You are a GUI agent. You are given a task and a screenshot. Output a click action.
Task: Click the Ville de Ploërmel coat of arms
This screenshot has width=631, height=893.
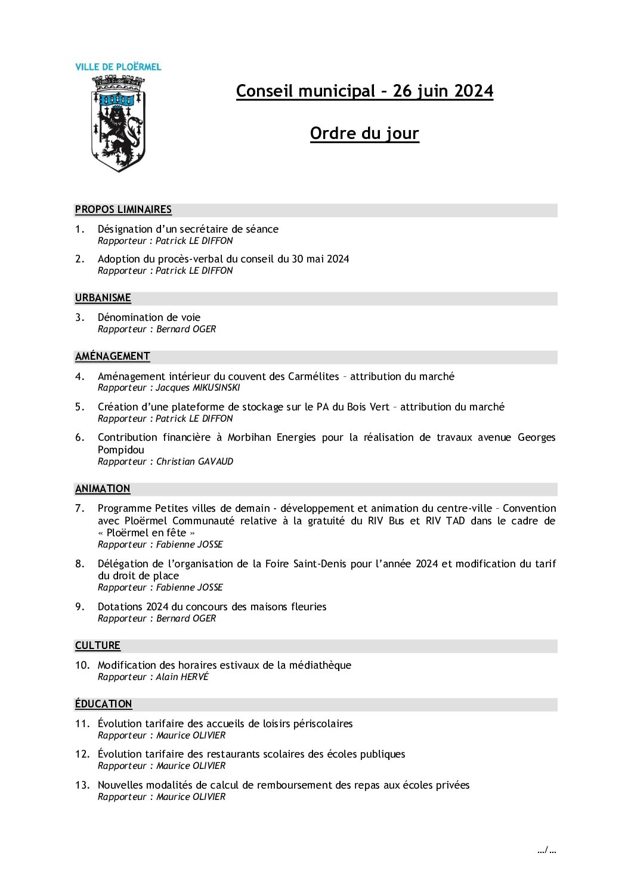pyautogui.click(x=118, y=123)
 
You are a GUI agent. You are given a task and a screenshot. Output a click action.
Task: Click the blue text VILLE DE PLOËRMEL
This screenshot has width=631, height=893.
pyautogui.click(x=118, y=67)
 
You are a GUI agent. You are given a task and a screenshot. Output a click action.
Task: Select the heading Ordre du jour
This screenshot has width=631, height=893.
pyautogui.click(x=364, y=133)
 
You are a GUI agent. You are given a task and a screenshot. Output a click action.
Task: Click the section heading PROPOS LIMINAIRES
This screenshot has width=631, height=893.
pyautogui.click(x=123, y=209)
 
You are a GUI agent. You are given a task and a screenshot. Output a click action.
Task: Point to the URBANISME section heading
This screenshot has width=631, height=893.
pyautogui.click(x=103, y=298)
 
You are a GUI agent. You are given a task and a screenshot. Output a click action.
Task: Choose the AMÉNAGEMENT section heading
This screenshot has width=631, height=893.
pyautogui.click(x=112, y=356)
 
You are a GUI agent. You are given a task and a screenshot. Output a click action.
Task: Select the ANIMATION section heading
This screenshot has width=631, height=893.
pyautogui.click(x=103, y=489)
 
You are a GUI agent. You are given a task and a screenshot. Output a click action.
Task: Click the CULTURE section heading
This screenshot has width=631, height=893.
pyautogui.click(x=98, y=645)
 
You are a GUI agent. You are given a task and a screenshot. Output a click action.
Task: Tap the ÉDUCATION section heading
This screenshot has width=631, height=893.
pyautogui.click(x=103, y=704)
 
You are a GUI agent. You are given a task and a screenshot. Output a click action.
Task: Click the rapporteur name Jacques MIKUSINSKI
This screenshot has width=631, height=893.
pyautogui.click(x=198, y=388)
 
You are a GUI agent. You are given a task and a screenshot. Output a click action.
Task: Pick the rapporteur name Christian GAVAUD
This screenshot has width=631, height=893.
pyautogui.click(x=195, y=462)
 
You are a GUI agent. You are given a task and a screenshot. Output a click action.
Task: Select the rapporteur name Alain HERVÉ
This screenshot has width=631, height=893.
pyautogui.click(x=183, y=677)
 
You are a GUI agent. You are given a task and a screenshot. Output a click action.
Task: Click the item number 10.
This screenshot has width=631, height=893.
pyautogui.click(x=82, y=665)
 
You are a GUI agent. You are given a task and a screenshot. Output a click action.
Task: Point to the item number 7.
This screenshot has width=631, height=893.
pyautogui.click(x=79, y=508)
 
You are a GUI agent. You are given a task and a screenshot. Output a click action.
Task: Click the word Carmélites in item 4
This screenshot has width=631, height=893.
pyautogui.click(x=313, y=376)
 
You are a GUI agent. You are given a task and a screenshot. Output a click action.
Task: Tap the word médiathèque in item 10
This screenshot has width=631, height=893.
pyautogui.click(x=320, y=665)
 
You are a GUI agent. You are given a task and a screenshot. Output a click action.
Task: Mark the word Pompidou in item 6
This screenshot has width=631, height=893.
pyautogui.click(x=121, y=450)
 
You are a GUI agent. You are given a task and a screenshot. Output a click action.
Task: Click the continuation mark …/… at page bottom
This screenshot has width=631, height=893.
pyautogui.click(x=546, y=850)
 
